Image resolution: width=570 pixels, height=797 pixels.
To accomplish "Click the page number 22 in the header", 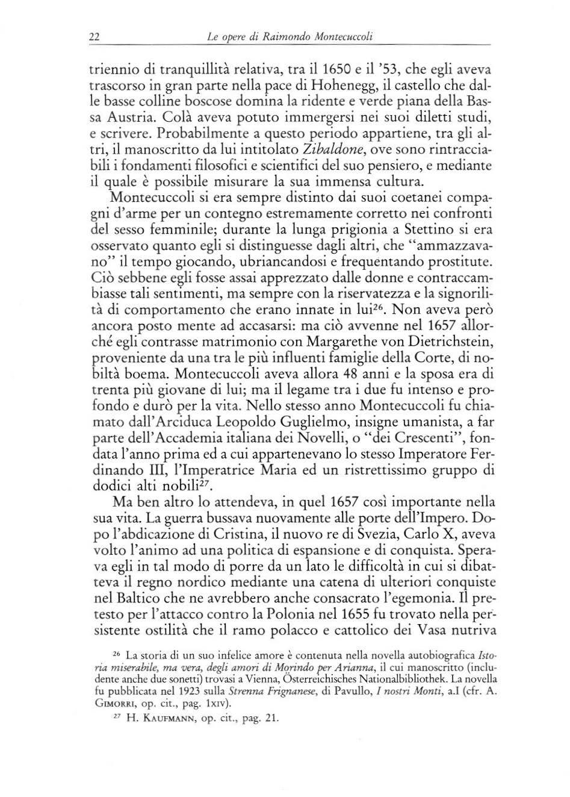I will (x=94, y=37).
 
